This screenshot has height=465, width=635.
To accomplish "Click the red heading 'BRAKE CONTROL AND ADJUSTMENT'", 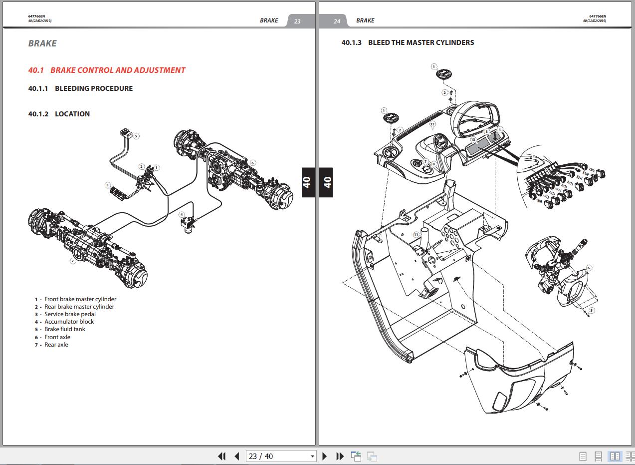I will tap(117, 70).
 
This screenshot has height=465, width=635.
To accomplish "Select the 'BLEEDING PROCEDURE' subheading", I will tap(94, 88).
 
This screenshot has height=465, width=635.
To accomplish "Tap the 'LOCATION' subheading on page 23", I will tap(72, 114).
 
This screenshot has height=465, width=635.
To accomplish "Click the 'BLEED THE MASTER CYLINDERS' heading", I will tap(421, 42).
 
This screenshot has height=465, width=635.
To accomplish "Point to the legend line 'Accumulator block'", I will tap(69, 322).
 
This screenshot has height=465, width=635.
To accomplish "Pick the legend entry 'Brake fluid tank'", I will tap(64, 329).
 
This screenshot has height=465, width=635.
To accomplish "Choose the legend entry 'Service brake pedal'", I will tap(70, 314).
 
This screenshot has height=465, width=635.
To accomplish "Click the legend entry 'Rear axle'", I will tap(56, 345).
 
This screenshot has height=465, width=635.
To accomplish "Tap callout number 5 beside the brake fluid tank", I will tap(136, 136).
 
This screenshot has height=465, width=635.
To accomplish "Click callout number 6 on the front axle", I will tap(253, 163).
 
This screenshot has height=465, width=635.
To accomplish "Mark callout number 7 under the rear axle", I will tap(73, 261).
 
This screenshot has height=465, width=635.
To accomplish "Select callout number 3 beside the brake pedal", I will tap(107, 185).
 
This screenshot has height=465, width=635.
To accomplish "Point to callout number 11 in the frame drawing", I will tap(416, 234).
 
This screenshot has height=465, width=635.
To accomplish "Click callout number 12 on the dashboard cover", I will tap(432, 124).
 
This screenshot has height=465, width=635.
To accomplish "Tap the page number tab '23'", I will tap(297, 21).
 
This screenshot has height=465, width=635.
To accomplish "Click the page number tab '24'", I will tap(337, 21).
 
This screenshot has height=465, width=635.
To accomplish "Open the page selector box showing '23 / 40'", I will tap(281, 456).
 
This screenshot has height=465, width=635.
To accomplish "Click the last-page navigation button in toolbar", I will tap(340, 456).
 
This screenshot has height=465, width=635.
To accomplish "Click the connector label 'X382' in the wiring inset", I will tap(592, 170).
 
